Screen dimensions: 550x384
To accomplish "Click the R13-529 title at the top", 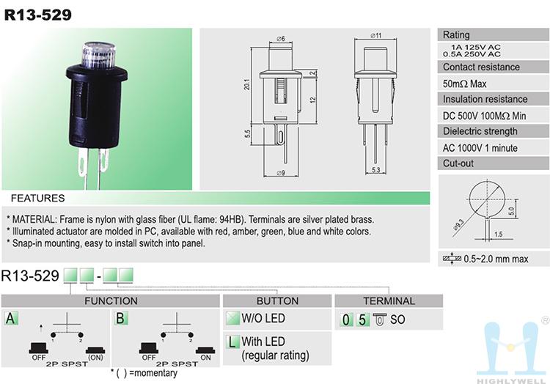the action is [x=38, y=15].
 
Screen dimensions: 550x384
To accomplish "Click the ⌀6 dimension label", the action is [x=281, y=39].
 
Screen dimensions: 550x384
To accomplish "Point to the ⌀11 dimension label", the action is [x=376, y=35].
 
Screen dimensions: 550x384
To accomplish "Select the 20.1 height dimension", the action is [x=247, y=84].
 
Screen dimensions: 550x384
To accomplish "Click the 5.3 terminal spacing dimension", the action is [x=375, y=170].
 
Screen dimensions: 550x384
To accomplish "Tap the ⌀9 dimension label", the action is [x=281, y=173].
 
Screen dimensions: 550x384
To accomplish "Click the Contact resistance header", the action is [x=481, y=67].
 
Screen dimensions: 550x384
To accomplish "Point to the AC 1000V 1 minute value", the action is [x=480, y=148].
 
